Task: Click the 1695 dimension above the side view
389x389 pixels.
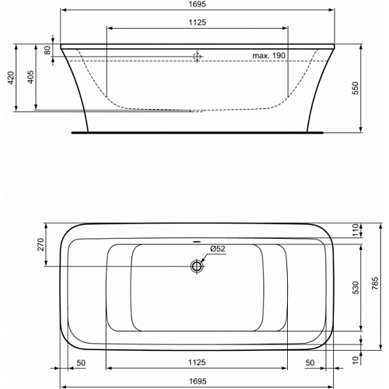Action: pyautogui.click(x=198, y=4)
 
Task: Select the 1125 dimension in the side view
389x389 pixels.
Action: pyautogui.click(x=198, y=23)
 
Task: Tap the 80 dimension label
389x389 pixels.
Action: pyautogui.click(x=47, y=50)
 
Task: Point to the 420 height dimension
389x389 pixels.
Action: pyautogui.click(x=11, y=78)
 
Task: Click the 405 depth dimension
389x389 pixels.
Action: pyautogui.click(x=30, y=77)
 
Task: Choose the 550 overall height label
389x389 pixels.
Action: pyautogui.click(x=356, y=88)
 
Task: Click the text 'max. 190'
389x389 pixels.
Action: pyautogui.click(x=268, y=55)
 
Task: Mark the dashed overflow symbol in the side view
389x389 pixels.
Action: pyautogui.click(x=197, y=56)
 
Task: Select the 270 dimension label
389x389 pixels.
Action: pyautogui.click(x=41, y=244)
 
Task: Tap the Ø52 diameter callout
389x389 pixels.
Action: pyautogui.click(x=218, y=249)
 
